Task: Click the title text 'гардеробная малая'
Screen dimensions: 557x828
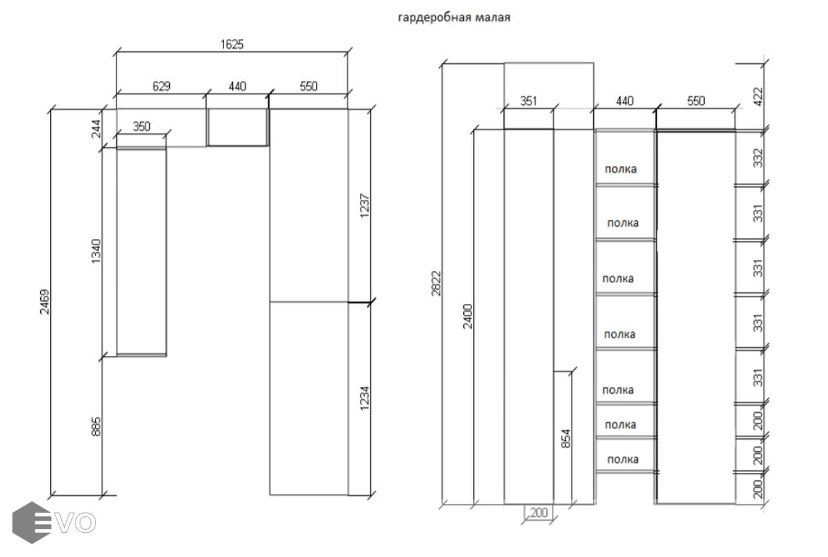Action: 453,17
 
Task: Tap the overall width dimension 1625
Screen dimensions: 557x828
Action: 232,45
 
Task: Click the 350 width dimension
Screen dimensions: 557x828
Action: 141,126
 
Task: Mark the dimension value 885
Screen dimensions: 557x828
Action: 97,426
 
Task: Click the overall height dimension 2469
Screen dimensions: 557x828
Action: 45,302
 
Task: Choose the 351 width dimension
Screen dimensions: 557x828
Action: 528,101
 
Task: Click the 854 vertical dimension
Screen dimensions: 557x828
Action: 565,438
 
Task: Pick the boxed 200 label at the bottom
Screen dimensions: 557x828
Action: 539,512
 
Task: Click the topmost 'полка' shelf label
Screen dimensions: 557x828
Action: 621,168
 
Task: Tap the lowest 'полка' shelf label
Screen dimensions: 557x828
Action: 622,459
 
